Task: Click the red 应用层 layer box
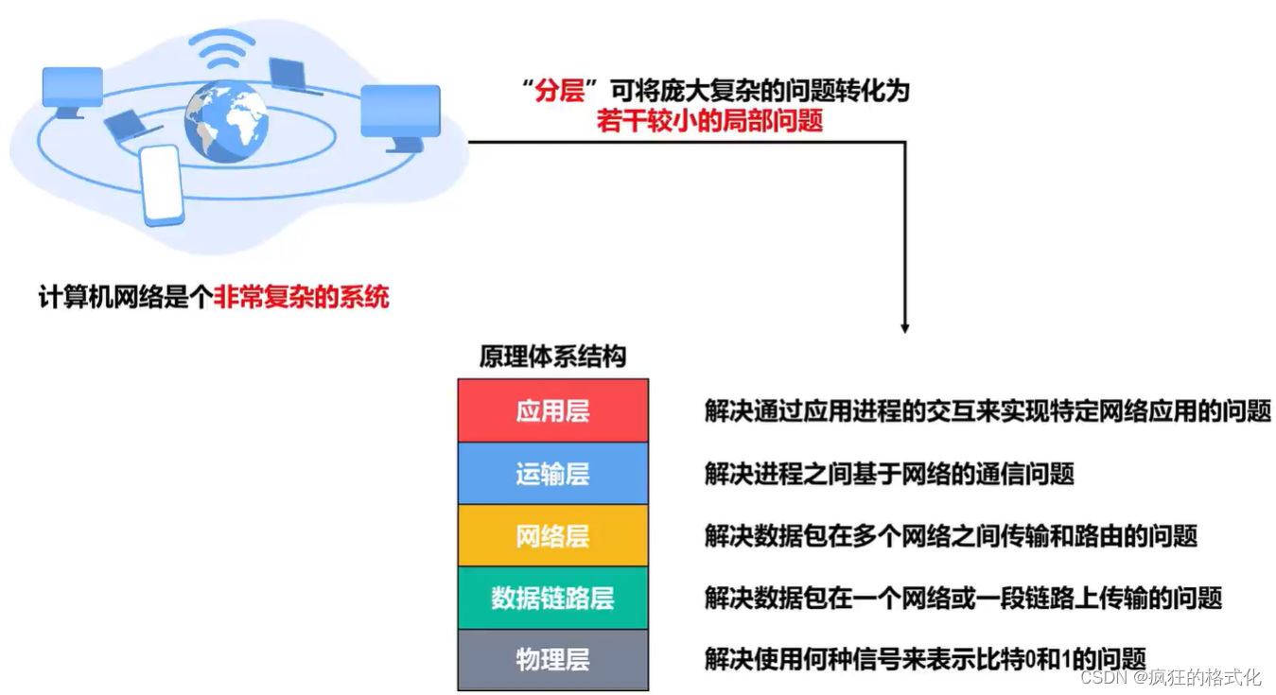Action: pyautogui.click(x=552, y=410)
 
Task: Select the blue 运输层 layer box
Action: pyautogui.click(x=552, y=473)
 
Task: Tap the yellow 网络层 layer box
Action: pyautogui.click(x=552, y=535)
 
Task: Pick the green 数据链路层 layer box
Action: pyautogui.click(x=552, y=598)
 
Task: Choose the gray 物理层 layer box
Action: pyautogui.click(x=552, y=659)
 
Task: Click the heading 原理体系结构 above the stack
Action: pyautogui.click(x=552, y=357)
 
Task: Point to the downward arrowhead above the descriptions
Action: pyautogui.click(x=905, y=326)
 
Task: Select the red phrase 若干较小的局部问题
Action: pyautogui.click(x=709, y=120)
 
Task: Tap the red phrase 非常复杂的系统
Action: pyautogui.click(x=302, y=297)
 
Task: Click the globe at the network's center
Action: pyautogui.click(x=227, y=121)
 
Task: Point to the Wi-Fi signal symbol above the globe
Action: pyautogui.click(x=221, y=51)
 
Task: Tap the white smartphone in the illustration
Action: pyautogui.click(x=162, y=184)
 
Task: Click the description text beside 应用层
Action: pyautogui.click(x=988, y=411)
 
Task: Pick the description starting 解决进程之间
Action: pyautogui.click(x=889, y=473)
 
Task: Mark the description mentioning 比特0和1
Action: pyautogui.click(x=925, y=659)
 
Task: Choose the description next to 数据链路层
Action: pyautogui.click(x=963, y=598)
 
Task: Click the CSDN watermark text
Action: pyautogui.click(x=1170, y=677)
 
